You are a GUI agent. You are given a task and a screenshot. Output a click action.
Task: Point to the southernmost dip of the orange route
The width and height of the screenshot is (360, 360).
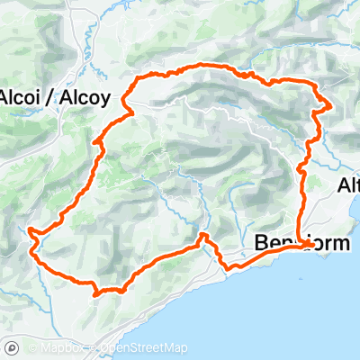click(x=95, y=292)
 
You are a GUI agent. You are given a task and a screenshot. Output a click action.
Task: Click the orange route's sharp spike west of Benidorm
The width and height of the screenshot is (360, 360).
click(x=203, y=235)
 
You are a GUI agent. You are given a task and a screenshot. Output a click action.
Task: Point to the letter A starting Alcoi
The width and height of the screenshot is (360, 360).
click(x=6, y=98)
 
